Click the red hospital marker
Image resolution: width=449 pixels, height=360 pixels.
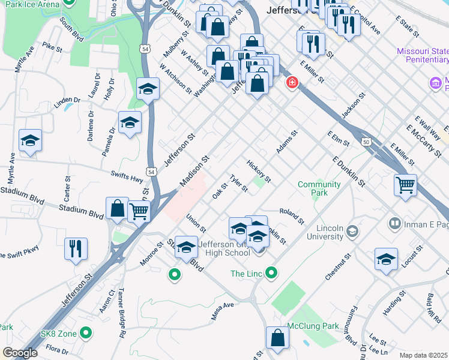[x=292, y=82]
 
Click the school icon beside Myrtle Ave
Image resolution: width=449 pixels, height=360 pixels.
[x=30, y=140]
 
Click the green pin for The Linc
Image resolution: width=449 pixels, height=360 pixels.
[x=271, y=274]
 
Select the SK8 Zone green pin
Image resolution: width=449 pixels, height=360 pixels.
[x=86, y=332]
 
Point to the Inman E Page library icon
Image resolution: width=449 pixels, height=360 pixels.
[x=394, y=224]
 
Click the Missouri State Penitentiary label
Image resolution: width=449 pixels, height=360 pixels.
[x=422, y=55]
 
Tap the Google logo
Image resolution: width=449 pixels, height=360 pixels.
[x=20, y=353]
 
